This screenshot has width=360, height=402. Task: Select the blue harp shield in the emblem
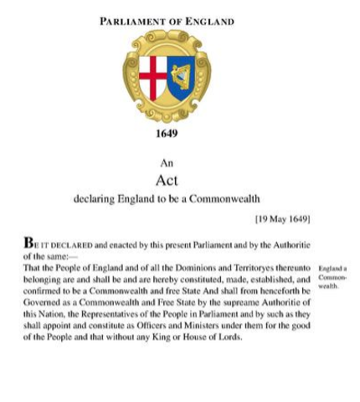pos(182,77)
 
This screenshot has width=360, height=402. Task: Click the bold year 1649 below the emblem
pos(167,132)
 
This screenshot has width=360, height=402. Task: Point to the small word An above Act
pos(167,164)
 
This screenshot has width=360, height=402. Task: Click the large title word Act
pos(167,180)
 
